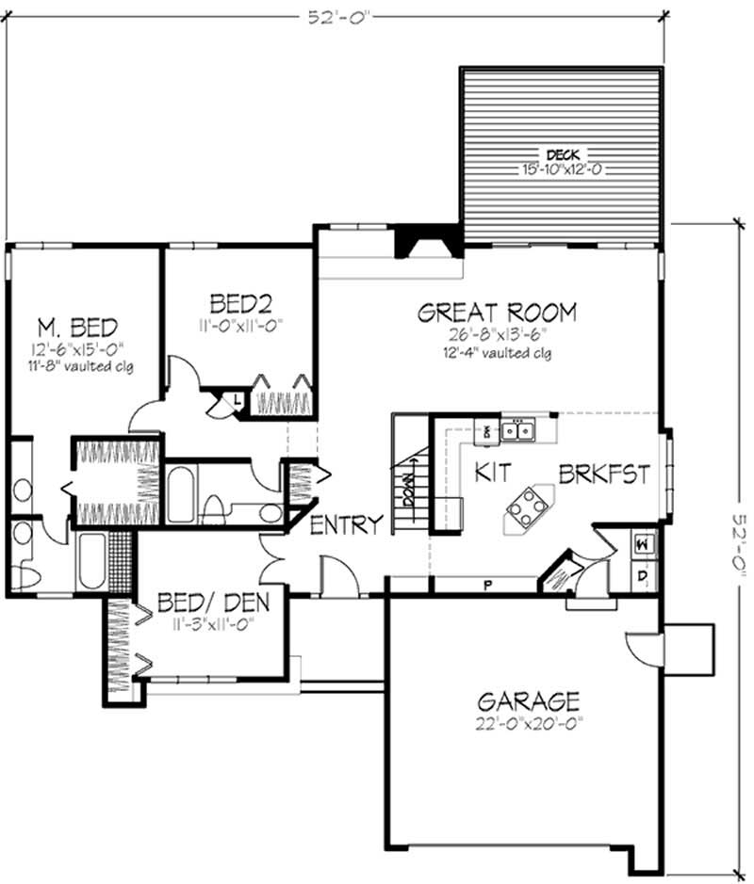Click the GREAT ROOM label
pos(497,313)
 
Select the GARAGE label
pos(528,701)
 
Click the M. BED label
pos(77,328)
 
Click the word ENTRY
pos(346,525)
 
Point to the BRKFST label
pos(604,474)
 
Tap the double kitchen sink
pos(516,431)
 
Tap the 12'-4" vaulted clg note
pos(497,354)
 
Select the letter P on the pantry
pos(487,584)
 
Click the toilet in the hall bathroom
pos(214,509)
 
